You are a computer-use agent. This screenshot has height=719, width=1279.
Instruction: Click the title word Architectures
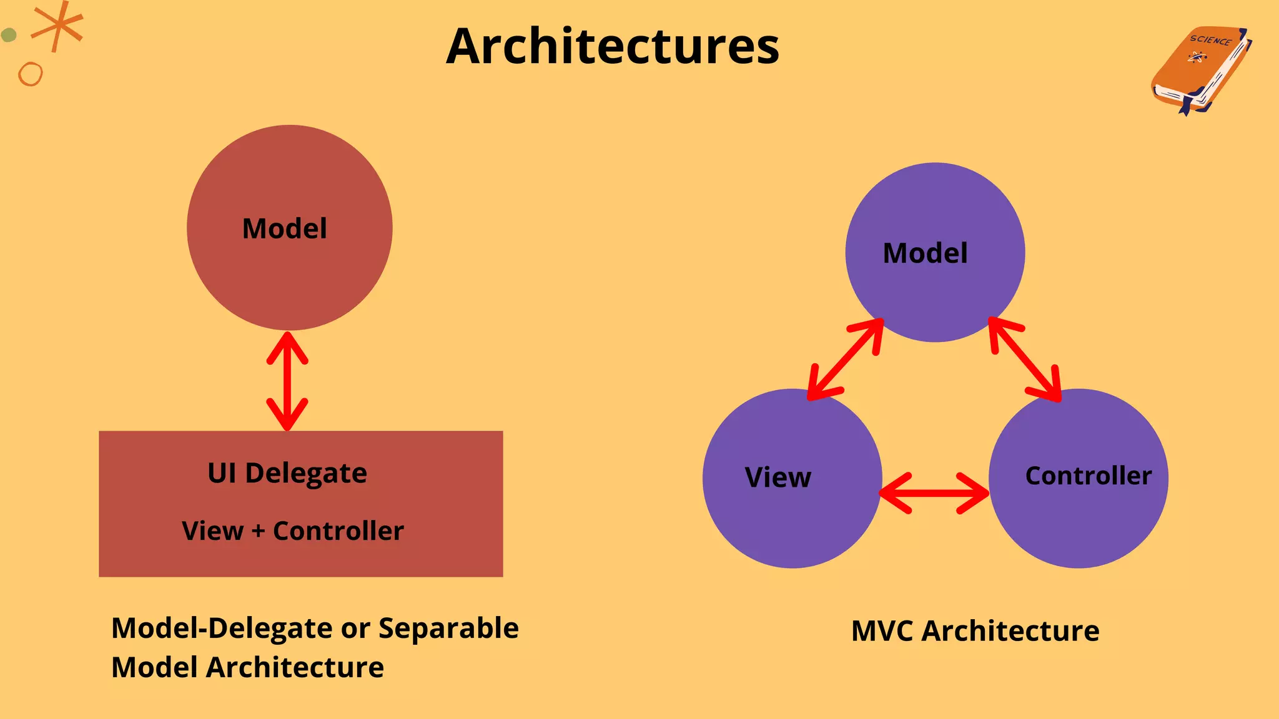pyautogui.click(x=613, y=47)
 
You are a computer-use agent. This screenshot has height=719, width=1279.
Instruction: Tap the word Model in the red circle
pyautogui.click(x=284, y=228)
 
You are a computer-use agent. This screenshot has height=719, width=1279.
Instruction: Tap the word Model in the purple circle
pyautogui.click(x=925, y=253)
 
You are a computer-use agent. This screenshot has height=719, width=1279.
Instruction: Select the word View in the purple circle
pyautogui.click(x=778, y=477)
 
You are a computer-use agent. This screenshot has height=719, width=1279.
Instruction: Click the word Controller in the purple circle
pyautogui.click(x=1088, y=476)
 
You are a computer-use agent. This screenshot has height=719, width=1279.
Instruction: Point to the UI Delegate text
pyautogui.click(x=287, y=473)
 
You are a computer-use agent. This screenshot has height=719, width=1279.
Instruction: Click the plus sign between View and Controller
pyautogui.click(x=259, y=531)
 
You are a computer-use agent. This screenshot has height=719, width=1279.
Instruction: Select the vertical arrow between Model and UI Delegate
pyautogui.click(x=287, y=381)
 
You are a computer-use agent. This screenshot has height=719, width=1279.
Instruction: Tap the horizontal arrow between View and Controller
pyautogui.click(x=934, y=493)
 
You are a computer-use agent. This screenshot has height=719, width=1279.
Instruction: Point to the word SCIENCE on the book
pyautogui.click(x=1210, y=41)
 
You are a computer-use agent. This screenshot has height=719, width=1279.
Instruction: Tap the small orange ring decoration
pyautogui.click(x=30, y=74)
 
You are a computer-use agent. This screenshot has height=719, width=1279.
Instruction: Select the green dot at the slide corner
pyautogui.click(x=8, y=35)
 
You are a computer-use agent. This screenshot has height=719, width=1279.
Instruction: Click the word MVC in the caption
pyautogui.click(x=882, y=631)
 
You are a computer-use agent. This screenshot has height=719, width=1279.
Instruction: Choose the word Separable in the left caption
pyautogui.click(x=448, y=629)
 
